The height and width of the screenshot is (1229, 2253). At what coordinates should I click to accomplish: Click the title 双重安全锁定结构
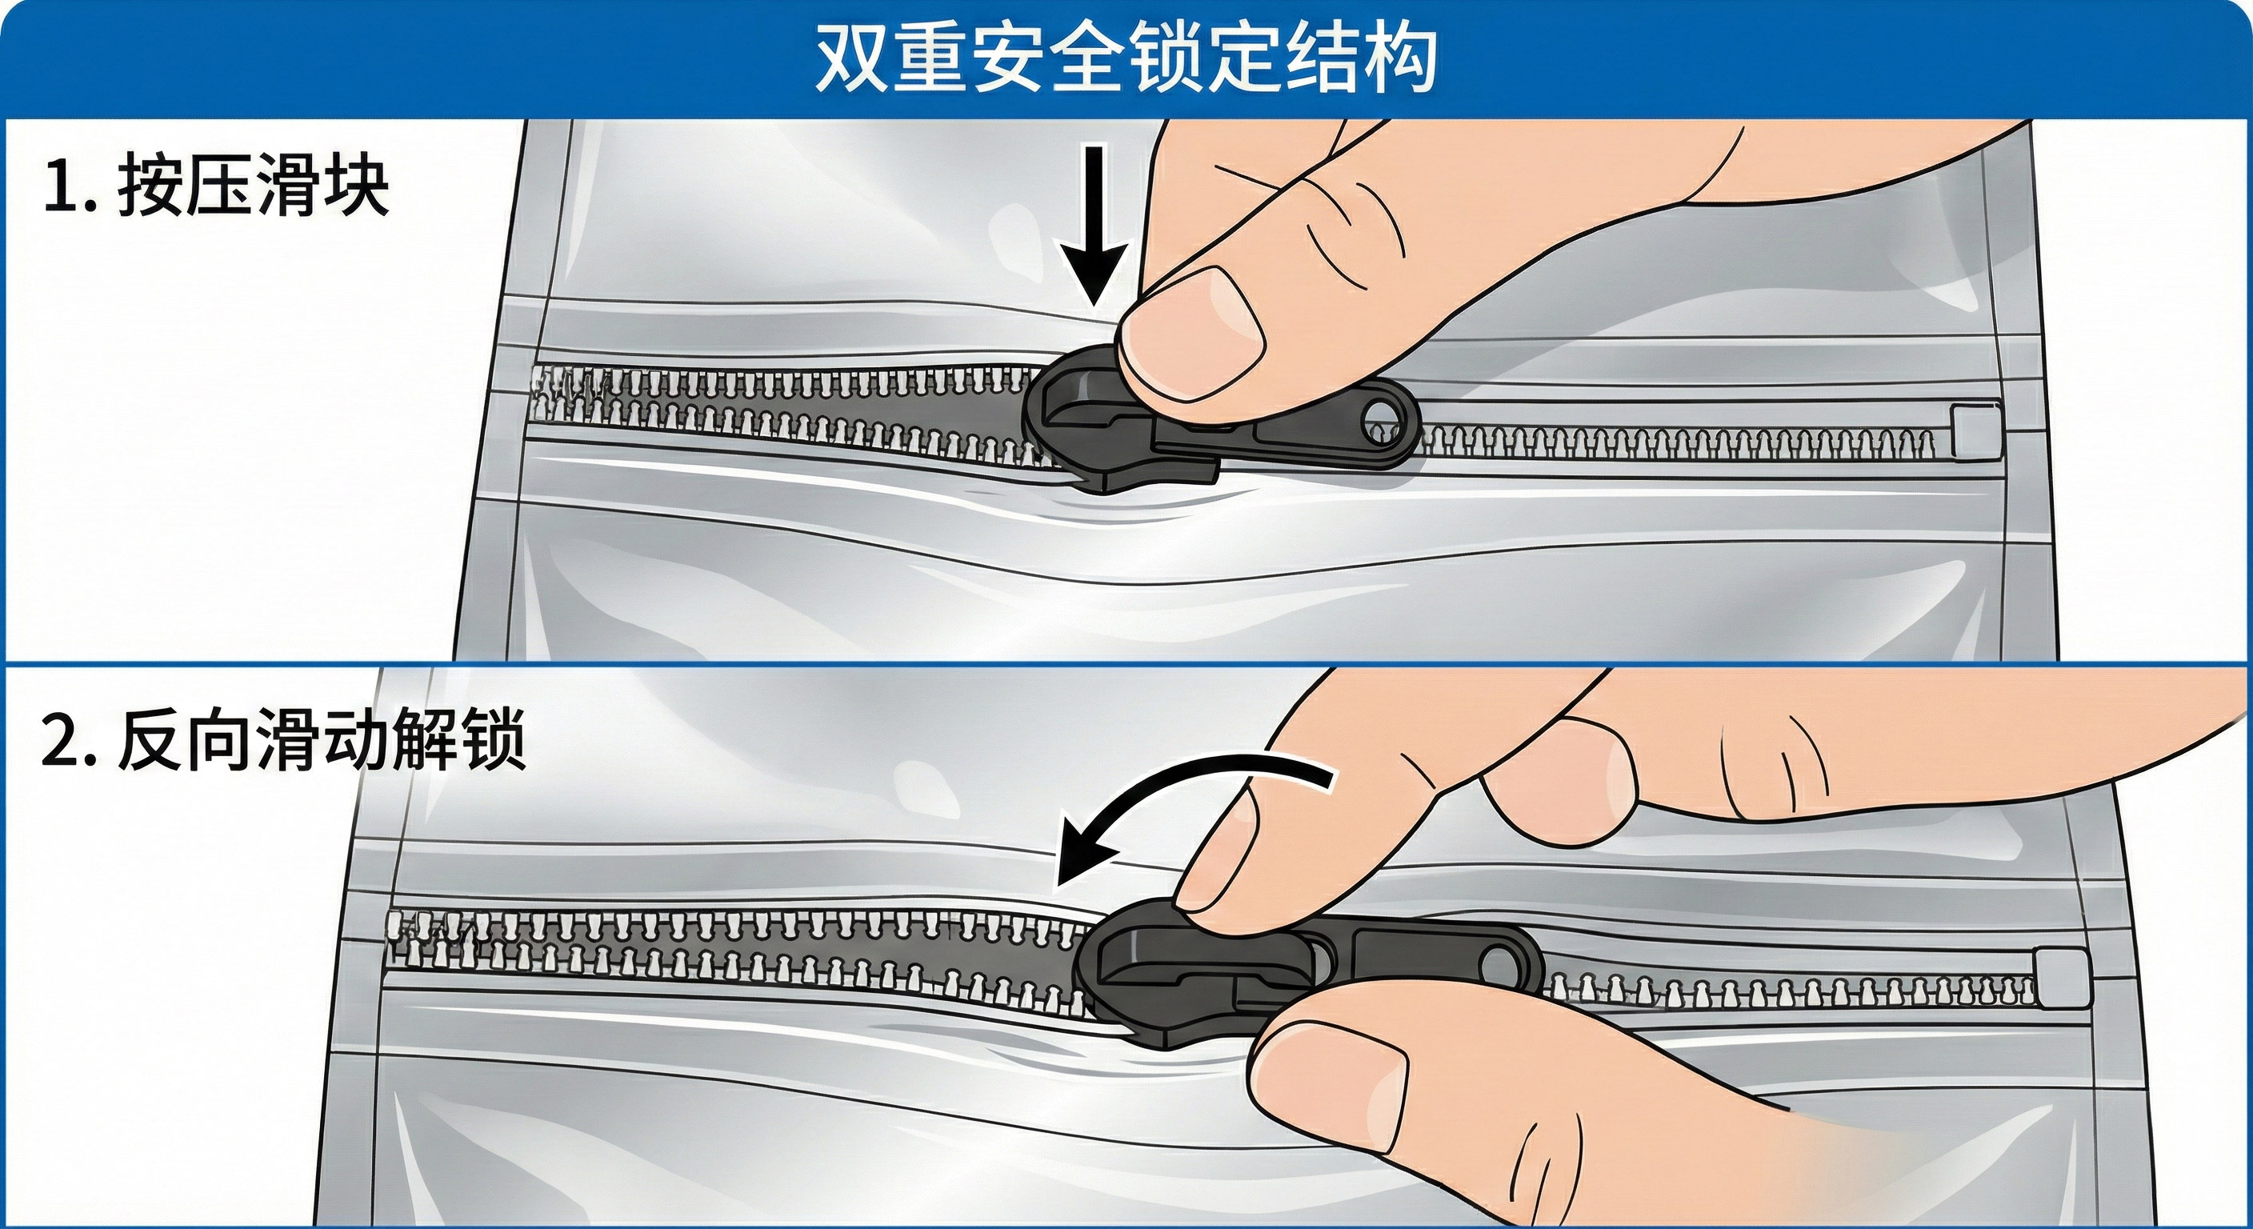coord(1126,58)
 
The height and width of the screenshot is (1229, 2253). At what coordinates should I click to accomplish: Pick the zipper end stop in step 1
coord(1975,434)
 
